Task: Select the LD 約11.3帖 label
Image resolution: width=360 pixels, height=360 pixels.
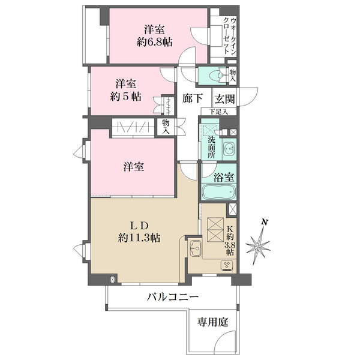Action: [x=139, y=232]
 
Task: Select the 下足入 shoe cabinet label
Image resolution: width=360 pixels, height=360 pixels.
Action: [x=219, y=112]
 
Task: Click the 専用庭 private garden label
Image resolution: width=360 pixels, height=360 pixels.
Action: [x=213, y=322]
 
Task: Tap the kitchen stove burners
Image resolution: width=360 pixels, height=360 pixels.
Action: [x=228, y=264]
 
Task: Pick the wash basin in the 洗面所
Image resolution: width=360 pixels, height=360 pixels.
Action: [x=228, y=148]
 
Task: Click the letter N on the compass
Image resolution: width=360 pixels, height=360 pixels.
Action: [x=265, y=223]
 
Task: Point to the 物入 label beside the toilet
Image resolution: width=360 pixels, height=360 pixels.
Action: [x=233, y=75]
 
